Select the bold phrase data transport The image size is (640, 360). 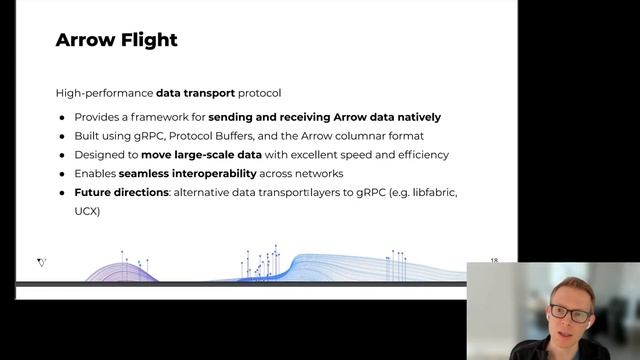coord(195,93)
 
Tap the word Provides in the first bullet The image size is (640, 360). coord(97,117)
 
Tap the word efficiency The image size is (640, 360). coord(417,155)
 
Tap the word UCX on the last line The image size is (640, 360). coord(86,212)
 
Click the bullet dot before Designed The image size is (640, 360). coord(62,155)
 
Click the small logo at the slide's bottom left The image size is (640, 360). coord(41,263)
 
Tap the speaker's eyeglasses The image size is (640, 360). coord(570,313)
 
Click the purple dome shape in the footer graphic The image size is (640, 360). coord(121,272)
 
